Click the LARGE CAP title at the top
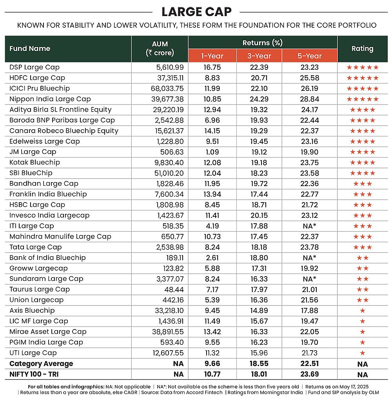click(196, 11)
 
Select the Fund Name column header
click(30, 49)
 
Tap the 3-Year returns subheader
click(259, 56)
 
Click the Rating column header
click(362, 49)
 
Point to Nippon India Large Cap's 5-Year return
click(309, 99)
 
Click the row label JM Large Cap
click(33, 152)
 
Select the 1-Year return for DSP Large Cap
click(212, 67)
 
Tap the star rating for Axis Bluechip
click(362, 311)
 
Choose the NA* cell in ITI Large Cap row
click(309, 226)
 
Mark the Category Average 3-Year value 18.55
click(259, 364)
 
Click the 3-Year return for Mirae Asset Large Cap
click(259, 332)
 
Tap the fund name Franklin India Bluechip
click(48, 194)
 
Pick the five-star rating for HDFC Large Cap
click(362, 78)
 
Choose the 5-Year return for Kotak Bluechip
click(309, 163)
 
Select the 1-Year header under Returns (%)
click(212, 56)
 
